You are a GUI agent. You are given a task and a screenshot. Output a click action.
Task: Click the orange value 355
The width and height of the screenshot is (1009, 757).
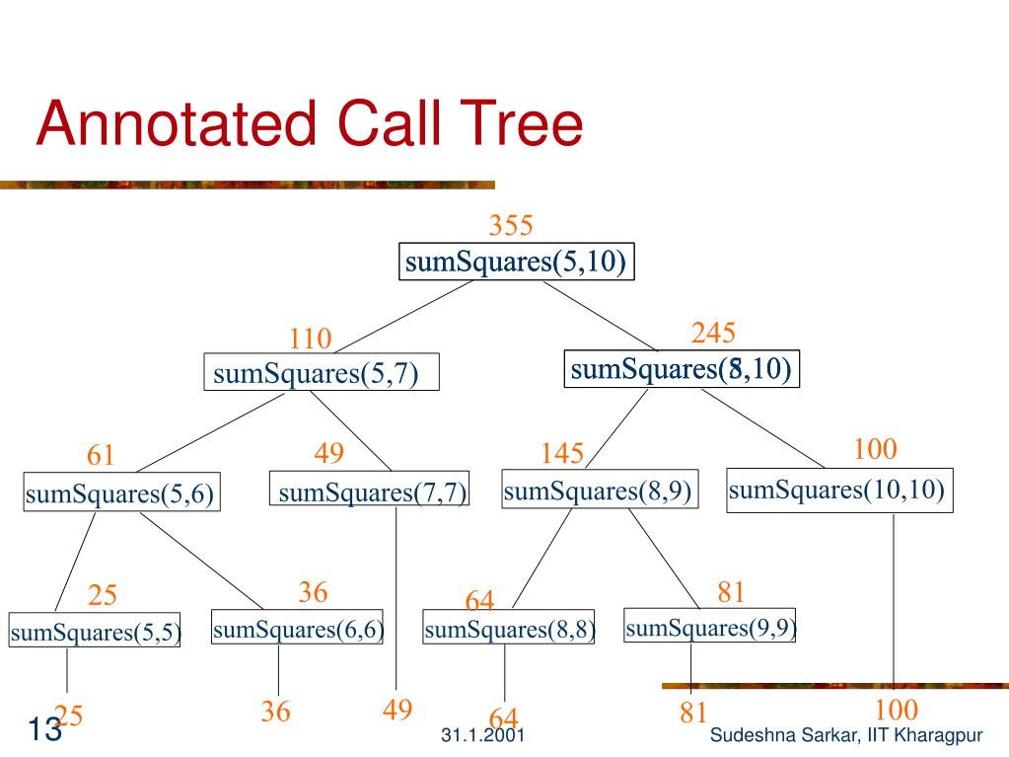point(511,226)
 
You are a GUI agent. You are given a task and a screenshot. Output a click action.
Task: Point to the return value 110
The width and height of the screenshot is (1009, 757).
point(310,341)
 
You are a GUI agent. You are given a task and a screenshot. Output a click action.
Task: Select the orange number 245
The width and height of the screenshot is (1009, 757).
point(713,334)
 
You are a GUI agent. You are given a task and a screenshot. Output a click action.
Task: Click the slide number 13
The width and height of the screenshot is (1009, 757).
point(43,731)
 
